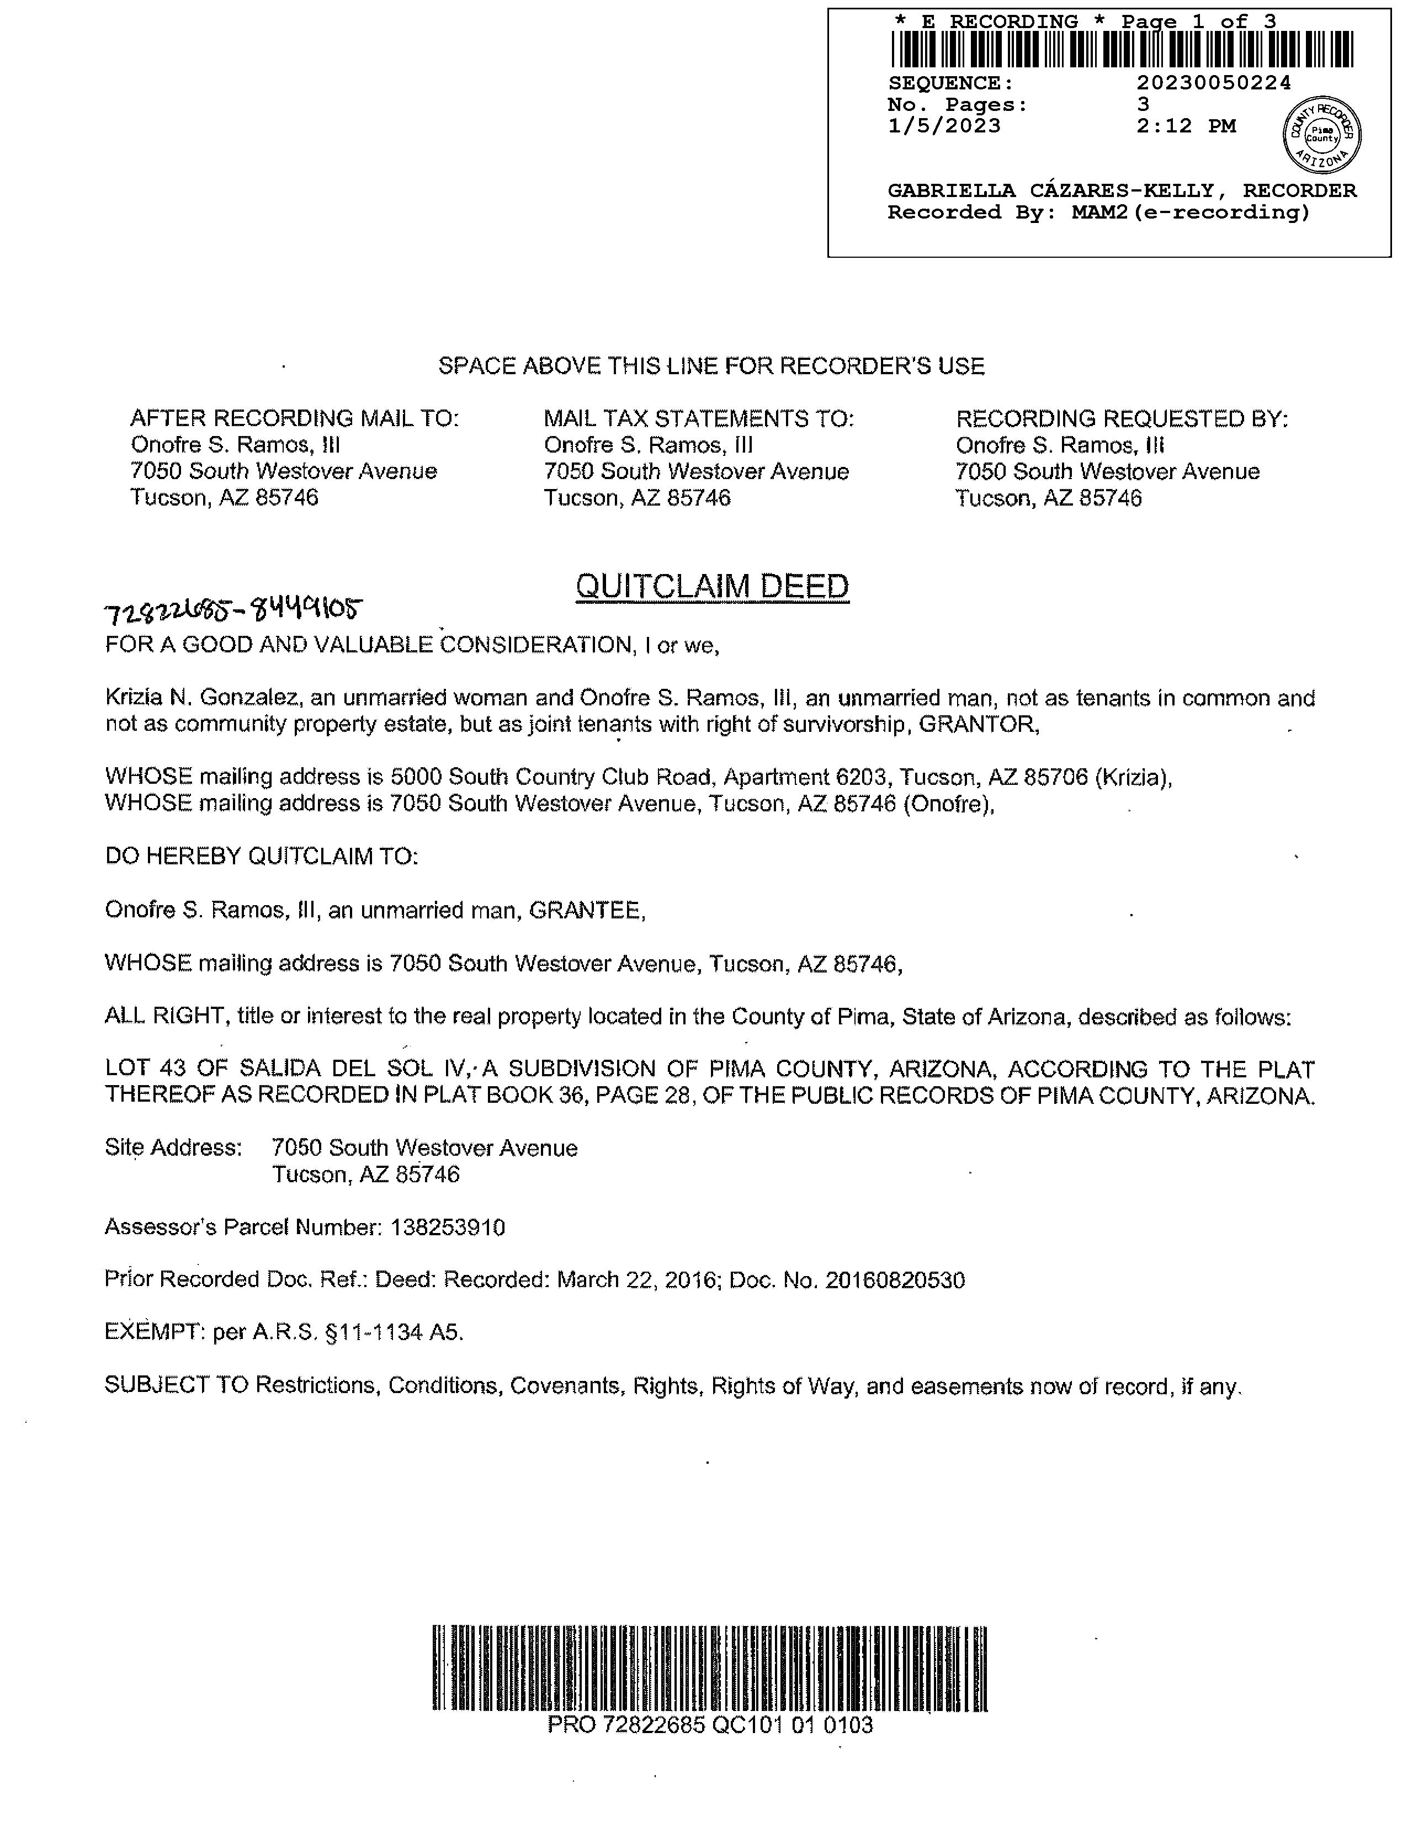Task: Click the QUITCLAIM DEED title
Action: tap(713, 587)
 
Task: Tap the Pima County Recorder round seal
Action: tap(1322, 134)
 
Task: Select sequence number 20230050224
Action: tap(1214, 83)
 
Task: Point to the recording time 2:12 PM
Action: tap(1186, 126)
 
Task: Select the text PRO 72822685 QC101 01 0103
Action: tap(710, 1724)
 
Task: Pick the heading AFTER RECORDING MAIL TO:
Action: tap(294, 418)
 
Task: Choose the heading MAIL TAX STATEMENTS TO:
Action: tap(699, 418)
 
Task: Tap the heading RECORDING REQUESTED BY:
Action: tap(1122, 418)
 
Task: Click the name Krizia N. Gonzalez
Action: tap(196, 698)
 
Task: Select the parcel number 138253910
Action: tap(448, 1228)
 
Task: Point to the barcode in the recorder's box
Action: tap(1122, 49)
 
